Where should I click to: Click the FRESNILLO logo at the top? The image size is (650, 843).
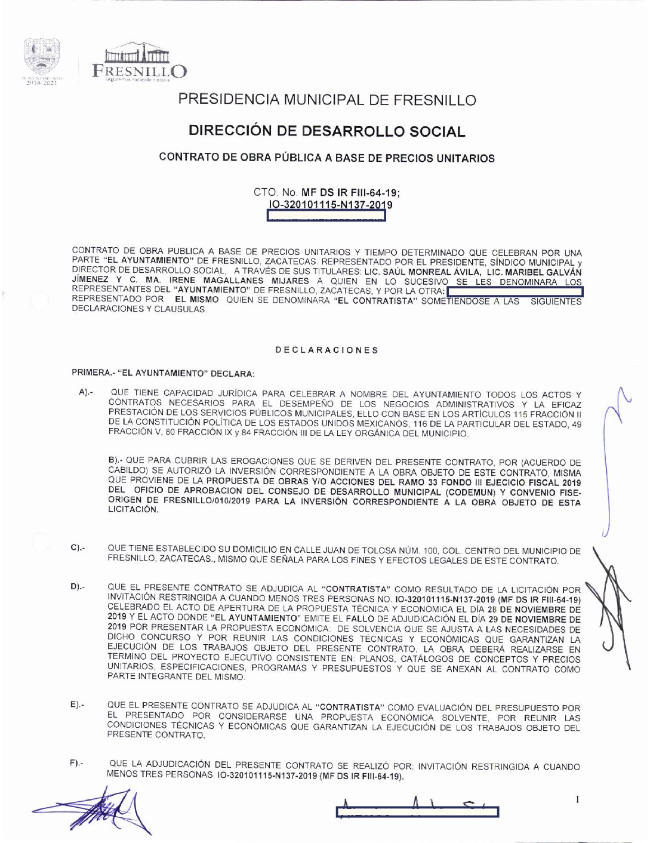[139, 63]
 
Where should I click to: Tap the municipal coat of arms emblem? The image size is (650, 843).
[41, 57]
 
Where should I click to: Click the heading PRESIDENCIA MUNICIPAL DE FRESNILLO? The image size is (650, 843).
[327, 100]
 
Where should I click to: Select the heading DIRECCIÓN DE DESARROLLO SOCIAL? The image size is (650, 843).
[327, 131]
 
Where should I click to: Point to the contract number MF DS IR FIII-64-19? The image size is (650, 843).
[350, 192]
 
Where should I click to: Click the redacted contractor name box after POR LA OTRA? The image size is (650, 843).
[515, 291]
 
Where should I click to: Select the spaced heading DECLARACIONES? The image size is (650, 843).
[326, 350]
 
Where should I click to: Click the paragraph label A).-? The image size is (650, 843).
[86, 393]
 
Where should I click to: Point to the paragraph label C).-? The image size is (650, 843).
[78, 547]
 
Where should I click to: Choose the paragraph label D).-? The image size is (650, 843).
[78, 587]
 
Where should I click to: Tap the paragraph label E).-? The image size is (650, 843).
[77, 705]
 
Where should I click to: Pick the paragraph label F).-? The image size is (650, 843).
[76, 763]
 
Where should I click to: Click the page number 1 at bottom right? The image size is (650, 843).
[577, 799]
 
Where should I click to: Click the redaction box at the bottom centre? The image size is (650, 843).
[417, 812]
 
